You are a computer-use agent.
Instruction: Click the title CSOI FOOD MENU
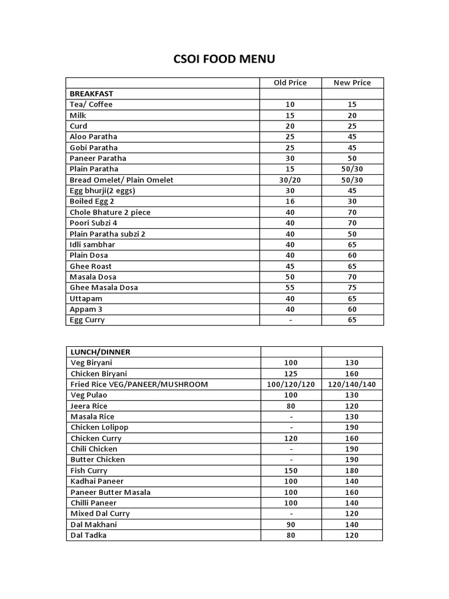[x=224, y=59]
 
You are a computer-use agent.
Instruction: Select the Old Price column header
[x=290, y=82]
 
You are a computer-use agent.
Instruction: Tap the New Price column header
[x=352, y=82]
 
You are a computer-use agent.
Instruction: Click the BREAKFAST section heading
[x=91, y=94]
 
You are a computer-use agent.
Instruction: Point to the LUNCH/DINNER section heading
[x=101, y=352]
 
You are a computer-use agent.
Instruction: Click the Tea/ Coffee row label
[x=91, y=104]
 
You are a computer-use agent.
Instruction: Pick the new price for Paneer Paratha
[x=352, y=158]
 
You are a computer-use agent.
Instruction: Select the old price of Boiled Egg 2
[x=290, y=201]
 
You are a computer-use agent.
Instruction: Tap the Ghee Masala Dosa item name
[x=103, y=287]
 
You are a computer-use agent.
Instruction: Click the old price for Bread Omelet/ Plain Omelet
[x=290, y=180]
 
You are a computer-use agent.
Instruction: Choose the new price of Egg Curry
[x=352, y=320]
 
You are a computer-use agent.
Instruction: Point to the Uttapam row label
[x=86, y=298]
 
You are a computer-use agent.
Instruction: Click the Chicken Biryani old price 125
[x=291, y=374]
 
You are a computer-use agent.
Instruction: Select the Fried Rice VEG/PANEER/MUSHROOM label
[x=139, y=384]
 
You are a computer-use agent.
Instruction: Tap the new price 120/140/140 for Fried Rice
[x=352, y=384]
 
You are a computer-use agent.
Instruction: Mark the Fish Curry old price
[x=291, y=470]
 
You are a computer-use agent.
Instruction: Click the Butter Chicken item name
[x=98, y=460]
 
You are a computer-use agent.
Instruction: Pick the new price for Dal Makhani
[x=352, y=525]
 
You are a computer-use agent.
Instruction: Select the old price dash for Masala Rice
[x=291, y=416]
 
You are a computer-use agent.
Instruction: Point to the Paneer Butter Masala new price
[x=352, y=492]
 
